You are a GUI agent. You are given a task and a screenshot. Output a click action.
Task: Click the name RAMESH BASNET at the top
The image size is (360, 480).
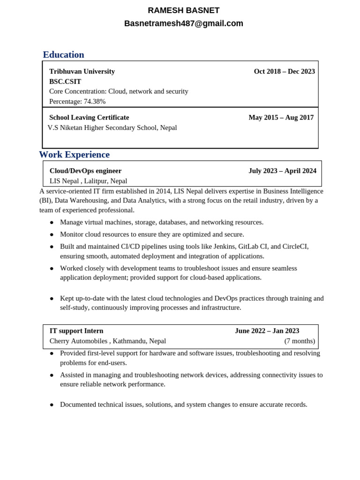click(x=183, y=10)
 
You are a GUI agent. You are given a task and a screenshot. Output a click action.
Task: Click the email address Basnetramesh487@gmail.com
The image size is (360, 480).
click(x=183, y=23)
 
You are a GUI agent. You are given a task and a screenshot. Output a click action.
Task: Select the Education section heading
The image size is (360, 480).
click(x=63, y=55)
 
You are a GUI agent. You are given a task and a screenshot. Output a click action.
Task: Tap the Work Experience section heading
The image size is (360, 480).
click(x=74, y=155)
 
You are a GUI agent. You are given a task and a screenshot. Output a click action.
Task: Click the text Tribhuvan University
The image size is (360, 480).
click(x=82, y=71)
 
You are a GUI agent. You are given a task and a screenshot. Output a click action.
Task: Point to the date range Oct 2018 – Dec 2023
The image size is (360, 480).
click(x=284, y=71)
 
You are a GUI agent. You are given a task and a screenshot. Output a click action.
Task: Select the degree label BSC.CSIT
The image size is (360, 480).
click(x=65, y=82)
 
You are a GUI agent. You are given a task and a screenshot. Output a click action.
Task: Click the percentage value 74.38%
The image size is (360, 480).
click(x=95, y=101)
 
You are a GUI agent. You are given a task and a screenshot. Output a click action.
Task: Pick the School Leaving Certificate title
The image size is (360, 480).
click(x=89, y=117)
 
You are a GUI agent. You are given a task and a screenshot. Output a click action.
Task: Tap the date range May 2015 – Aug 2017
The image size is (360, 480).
click(x=281, y=117)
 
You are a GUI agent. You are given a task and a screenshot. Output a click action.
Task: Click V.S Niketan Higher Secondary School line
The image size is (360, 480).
click(x=112, y=127)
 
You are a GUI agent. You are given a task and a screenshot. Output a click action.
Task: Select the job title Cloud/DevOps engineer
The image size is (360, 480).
click(x=85, y=171)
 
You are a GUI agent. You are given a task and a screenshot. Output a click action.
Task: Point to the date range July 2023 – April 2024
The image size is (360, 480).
click(x=282, y=171)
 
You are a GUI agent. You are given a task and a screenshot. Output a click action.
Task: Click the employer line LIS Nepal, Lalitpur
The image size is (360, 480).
click(x=88, y=181)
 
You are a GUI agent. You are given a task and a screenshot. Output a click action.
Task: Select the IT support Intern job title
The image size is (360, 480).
click(x=76, y=330)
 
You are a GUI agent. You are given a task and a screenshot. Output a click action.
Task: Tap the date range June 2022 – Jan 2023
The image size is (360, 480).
click(x=267, y=330)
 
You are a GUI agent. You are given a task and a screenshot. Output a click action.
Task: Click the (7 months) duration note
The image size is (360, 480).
click(x=300, y=341)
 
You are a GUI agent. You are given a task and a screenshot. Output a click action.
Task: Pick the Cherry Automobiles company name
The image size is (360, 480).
click(x=78, y=341)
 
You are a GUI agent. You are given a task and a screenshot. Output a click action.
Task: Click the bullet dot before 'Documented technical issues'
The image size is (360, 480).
click(x=52, y=405)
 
